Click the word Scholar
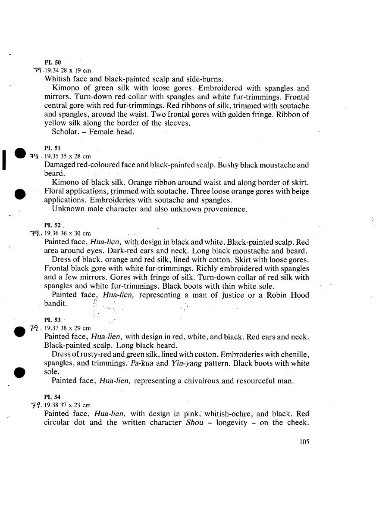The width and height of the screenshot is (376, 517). click(x=65, y=132)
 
